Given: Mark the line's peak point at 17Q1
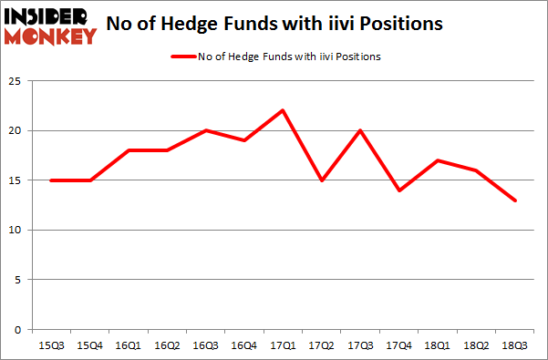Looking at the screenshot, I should tap(284, 110).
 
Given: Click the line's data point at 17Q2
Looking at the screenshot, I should tap(322, 180).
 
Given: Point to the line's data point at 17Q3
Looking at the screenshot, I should tap(360, 130).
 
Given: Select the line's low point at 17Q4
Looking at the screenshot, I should tap(399, 190).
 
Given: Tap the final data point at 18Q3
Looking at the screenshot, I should tap(514, 200).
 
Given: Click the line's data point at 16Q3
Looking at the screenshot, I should tap(206, 130).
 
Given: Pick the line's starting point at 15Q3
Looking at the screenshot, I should tap(52, 180).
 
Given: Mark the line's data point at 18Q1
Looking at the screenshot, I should tap(438, 160).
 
